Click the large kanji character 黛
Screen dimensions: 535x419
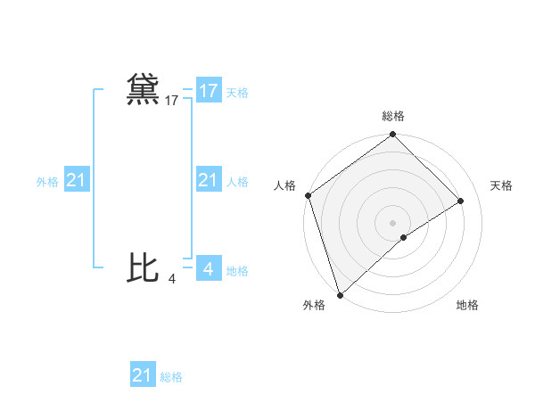143,90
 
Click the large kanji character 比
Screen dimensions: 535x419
143,267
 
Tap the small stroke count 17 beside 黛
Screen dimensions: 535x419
172,102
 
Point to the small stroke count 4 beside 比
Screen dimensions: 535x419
172,279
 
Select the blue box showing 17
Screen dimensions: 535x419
208,91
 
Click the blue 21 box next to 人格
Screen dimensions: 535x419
208,181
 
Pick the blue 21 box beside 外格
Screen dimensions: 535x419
77,181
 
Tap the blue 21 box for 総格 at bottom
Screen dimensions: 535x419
143,375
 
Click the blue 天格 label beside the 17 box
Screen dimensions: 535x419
237,93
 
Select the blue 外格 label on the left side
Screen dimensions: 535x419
47,182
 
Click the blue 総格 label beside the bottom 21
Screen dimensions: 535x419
171,377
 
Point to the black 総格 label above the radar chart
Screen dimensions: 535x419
393,116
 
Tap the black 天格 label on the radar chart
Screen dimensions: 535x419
501,185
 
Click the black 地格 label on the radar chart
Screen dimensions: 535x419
467,306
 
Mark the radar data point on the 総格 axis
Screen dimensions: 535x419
393,136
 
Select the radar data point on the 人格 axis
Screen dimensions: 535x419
308,195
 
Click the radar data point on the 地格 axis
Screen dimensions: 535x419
404,237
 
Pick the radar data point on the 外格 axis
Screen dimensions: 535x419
340,295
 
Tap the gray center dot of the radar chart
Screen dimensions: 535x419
393,222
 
